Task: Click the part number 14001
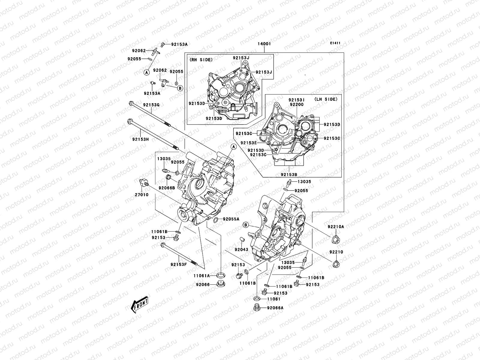(264, 44)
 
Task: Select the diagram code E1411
(335, 43)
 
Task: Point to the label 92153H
(140, 139)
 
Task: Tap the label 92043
(241, 250)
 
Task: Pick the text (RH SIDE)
(201, 60)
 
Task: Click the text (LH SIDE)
(326, 99)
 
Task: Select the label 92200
(296, 104)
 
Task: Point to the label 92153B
(289, 174)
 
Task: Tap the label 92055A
(231, 219)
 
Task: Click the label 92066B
(167, 188)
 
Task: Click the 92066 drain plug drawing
(221, 283)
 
